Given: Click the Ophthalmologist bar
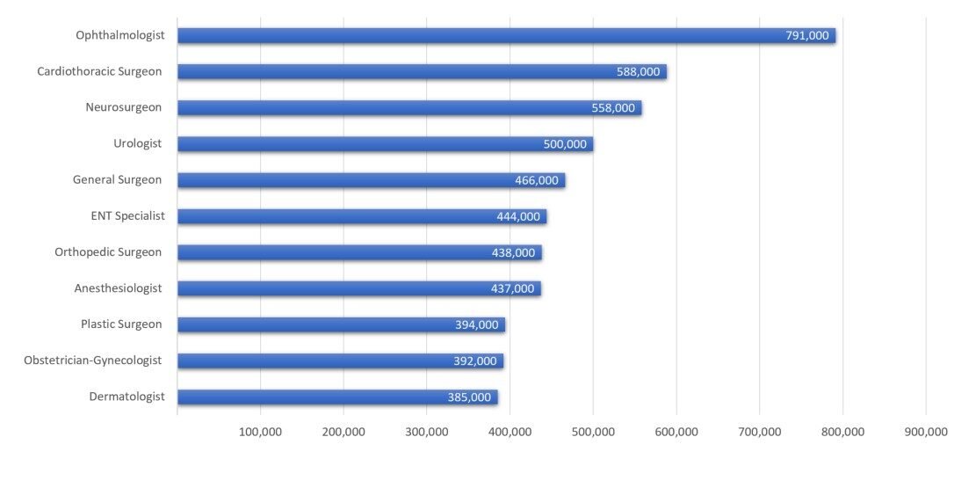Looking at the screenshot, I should tap(505, 36).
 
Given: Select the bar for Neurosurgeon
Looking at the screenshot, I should tap(408, 108).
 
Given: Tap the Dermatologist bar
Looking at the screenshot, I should tap(336, 397).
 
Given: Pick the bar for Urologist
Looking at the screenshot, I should tap(385, 144).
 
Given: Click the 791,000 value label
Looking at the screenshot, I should tap(806, 36).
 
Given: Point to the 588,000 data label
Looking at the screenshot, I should tap(638, 72).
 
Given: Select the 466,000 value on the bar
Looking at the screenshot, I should tap(536, 180).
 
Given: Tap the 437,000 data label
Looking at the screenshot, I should tap(512, 288).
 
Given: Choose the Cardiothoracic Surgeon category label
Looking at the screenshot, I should tap(99, 71).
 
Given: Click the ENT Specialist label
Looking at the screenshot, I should tap(127, 215).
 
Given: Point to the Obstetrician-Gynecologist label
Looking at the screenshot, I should tap(93, 361).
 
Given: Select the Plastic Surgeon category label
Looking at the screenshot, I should tap(121, 324).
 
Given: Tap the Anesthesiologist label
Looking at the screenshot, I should tap(118, 288).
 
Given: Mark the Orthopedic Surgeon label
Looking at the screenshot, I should tap(108, 252).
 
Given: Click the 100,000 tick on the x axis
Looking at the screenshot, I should tap(260, 432).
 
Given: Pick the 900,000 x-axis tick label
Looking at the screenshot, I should tap(926, 432).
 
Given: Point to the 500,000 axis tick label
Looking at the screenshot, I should tap(593, 432).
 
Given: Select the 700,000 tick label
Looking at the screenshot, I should tap(760, 432).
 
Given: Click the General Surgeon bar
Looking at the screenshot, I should tap(371, 180).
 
